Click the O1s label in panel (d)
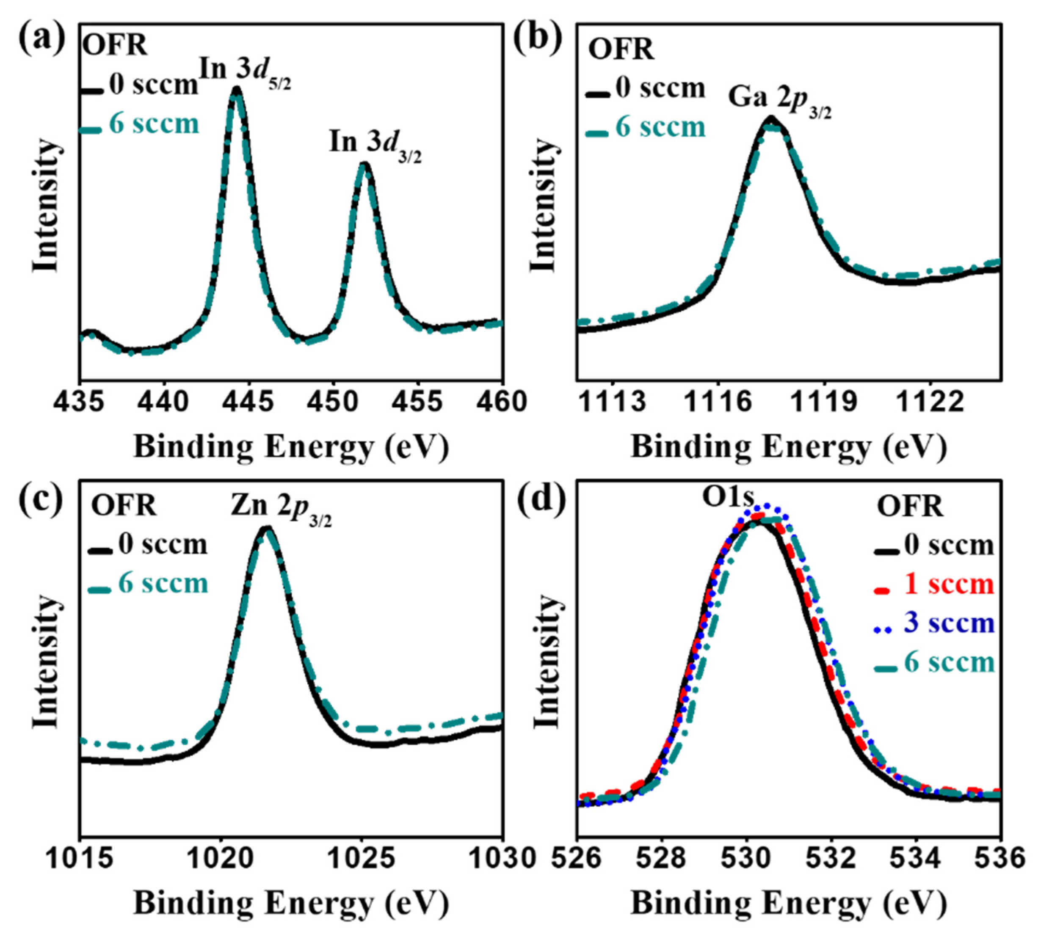tap(729, 497)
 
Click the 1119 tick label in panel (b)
tap(824, 402)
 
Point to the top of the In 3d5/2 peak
tap(236, 88)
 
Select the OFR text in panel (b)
tap(621, 50)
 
